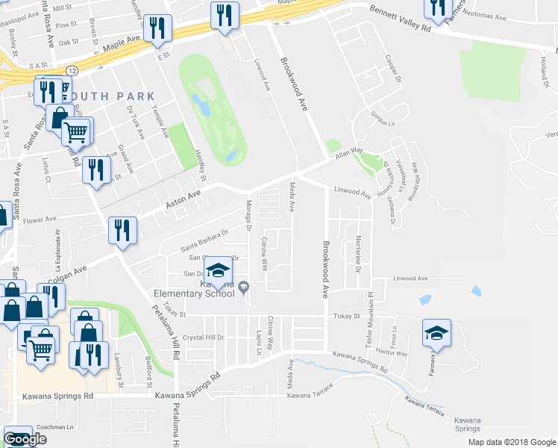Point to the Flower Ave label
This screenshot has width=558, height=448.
tap(40, 221)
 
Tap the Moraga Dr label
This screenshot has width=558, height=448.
tap(248, 214)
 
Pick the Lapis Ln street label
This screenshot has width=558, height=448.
tap(259, 341)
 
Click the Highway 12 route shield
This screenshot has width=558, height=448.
tap(69, 70)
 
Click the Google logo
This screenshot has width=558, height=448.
tap(25, 439)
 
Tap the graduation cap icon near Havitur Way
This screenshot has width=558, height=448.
tap(436, 332)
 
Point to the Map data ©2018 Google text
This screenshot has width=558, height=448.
tap(511, 442)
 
